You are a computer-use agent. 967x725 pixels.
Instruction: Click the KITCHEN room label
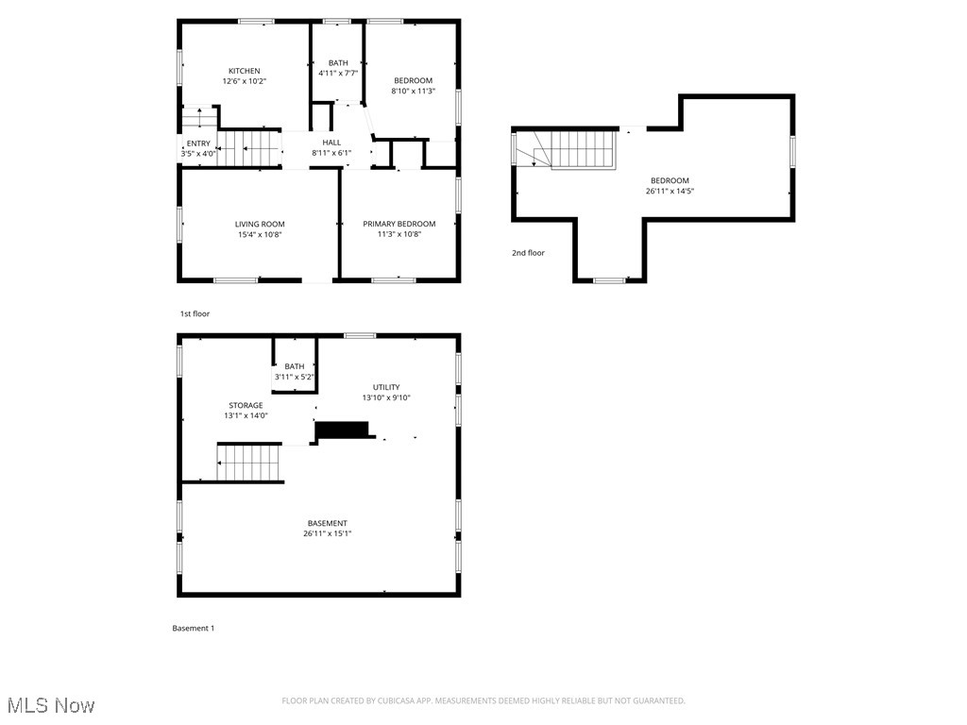pos(245,71)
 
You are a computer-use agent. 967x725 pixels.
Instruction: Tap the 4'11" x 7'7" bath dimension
pos(338,74)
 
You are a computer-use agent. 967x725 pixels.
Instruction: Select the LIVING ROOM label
pos(260,225)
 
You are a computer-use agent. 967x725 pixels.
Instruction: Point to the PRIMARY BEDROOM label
pos(399,224)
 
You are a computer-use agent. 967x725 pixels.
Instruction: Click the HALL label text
pos(331,143)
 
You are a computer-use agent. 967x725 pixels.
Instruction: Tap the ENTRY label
pos(198,143)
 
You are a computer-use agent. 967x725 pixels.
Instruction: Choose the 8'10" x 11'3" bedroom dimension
pos(414,92)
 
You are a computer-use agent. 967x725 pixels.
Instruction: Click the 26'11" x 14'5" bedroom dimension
pos(670,191)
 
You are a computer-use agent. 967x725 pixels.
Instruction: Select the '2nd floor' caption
pos(529,253)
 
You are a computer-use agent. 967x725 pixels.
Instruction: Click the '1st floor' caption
pos(195,313)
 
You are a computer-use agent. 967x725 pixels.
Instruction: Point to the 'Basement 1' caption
pos(194,628)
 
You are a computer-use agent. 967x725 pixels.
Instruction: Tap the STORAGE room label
pos(246,406)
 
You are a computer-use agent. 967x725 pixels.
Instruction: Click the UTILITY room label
pos(386,388)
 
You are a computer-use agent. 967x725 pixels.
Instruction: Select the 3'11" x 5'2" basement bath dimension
pos(295,378)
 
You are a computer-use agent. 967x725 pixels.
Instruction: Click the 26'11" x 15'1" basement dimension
pos(327,534)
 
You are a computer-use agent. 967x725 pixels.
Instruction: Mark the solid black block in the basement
pos(342,430)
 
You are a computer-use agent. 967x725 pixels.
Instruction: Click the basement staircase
pos(248,463)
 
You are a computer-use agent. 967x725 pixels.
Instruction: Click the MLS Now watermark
pos(51,705)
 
